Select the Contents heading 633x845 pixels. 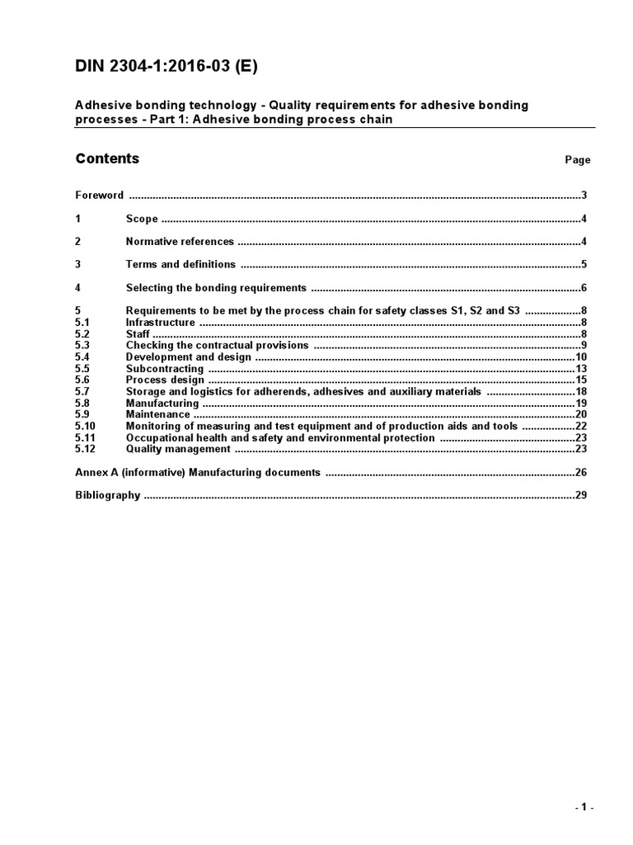(107, 158)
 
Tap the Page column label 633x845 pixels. (577, 160)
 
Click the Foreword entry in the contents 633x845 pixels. (99, 196)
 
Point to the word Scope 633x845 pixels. (141, 219)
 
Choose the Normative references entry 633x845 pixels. (180, 242)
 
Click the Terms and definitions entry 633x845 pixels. (181, 265)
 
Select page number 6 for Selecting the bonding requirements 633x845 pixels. (583, 288)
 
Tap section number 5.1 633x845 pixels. (82, 323)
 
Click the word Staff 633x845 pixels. (138, 334)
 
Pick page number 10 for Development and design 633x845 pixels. (580, 357)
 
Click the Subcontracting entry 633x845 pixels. (164, 369)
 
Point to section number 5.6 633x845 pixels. (82, 380)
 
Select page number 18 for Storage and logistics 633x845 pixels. (580, 392)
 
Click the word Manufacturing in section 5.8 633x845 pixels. (162, 404)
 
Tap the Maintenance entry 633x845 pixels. (157, 414)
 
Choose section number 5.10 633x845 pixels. (84, 426)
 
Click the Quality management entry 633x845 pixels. (177, 449)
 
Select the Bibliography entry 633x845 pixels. (107, 496)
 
